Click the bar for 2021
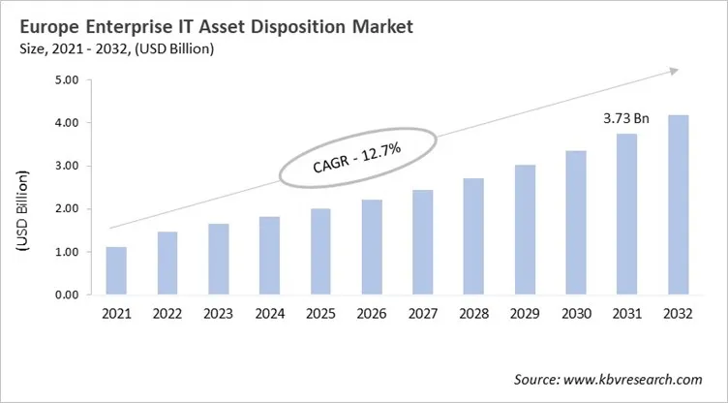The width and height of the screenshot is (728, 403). tap(117, 271)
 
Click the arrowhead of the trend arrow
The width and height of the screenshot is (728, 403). tap(675, 71)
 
